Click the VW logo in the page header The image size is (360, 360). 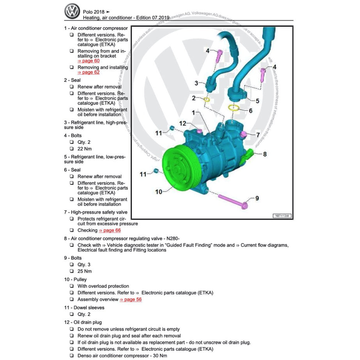73,12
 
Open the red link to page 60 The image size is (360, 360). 89,61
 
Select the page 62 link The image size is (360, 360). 89,72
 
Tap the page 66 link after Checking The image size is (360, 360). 110,231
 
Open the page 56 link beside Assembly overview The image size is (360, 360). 131,300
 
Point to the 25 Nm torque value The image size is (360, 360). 85,271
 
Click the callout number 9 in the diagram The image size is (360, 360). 257,199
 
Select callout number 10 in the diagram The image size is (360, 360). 159,192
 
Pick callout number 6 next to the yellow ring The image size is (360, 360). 250,111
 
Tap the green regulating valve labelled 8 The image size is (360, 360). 248,156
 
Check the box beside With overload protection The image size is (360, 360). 72,286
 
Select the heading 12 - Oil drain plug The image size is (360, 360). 83,322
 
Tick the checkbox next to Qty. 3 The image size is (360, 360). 72,265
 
